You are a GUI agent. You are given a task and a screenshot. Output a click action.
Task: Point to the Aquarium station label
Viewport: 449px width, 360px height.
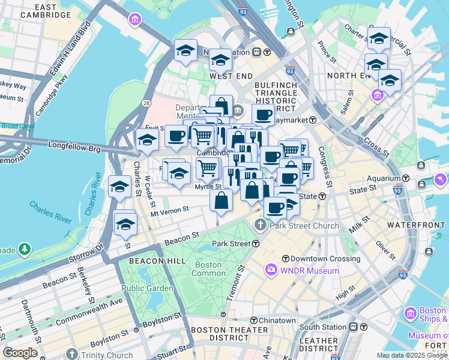pyautogui.click(x=384, y=179)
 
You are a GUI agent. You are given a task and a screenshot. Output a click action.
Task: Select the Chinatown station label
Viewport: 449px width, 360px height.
pyautogui.click(x=277, y=320)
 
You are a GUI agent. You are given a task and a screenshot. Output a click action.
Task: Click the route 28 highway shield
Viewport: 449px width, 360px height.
pyautogui.click(x=146, y=104)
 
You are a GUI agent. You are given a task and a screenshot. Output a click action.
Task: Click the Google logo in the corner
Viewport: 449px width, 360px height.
pyautogui.click(x=20, y=353)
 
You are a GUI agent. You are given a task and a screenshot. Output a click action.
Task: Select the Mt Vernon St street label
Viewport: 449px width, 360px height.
pyautogui.click(x=170, y=211)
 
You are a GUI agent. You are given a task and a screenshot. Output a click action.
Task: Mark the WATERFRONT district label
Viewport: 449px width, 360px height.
pyautogui.click(x=416, y=224)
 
